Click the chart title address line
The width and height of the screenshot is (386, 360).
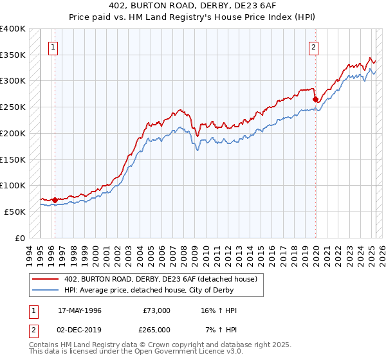[193, 6]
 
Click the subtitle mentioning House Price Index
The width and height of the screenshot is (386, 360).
[193, 17]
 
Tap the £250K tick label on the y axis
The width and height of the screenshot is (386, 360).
[13, 107]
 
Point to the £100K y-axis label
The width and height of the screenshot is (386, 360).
[13, 185]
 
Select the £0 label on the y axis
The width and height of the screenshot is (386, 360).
[20, 238]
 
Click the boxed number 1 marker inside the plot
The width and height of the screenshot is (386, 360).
[52, 46]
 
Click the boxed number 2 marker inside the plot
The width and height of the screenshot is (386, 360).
[313, 46]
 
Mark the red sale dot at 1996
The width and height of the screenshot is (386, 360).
[55, 200]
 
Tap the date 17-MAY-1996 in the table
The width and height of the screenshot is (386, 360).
[80, 310]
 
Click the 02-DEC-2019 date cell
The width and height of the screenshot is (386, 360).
[80, 329]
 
